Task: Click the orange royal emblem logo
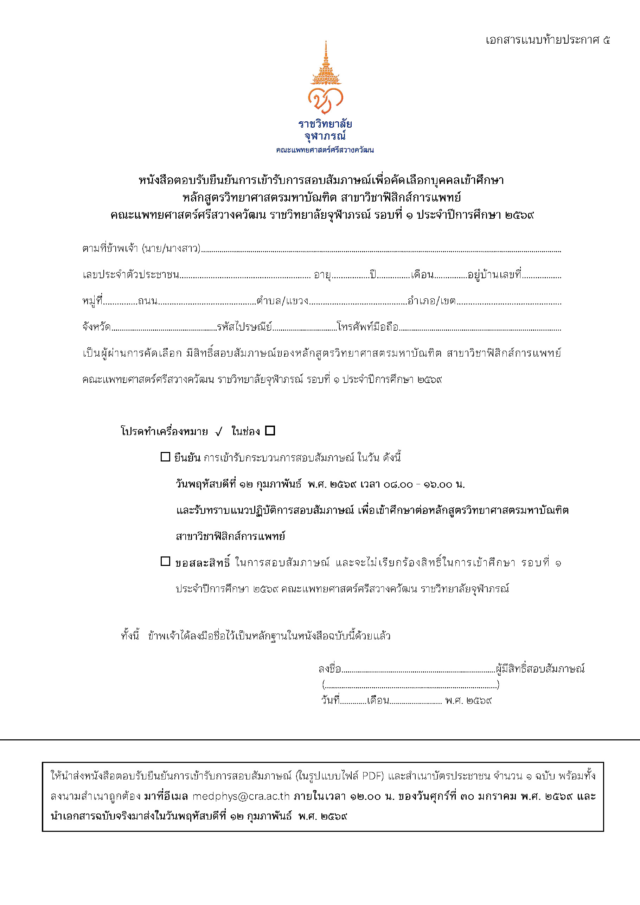pos(325,77)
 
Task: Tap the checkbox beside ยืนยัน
pos(165,457)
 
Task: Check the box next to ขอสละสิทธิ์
pos(165,561)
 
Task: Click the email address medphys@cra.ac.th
pos(241,796)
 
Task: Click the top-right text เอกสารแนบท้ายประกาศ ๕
pos(548,40)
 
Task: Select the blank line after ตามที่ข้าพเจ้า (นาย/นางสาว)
pos(380,249)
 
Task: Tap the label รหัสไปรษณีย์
pos(244,327)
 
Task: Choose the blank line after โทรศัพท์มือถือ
pos(480,328)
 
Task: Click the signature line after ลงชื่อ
pos(417,670)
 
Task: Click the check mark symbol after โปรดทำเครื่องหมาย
pos(219,432)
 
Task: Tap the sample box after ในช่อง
pos(270,431)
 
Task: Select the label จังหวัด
pos(96,327)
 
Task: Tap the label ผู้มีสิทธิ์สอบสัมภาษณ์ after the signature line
pos(540,669)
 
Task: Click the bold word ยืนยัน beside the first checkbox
pos(187,458)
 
